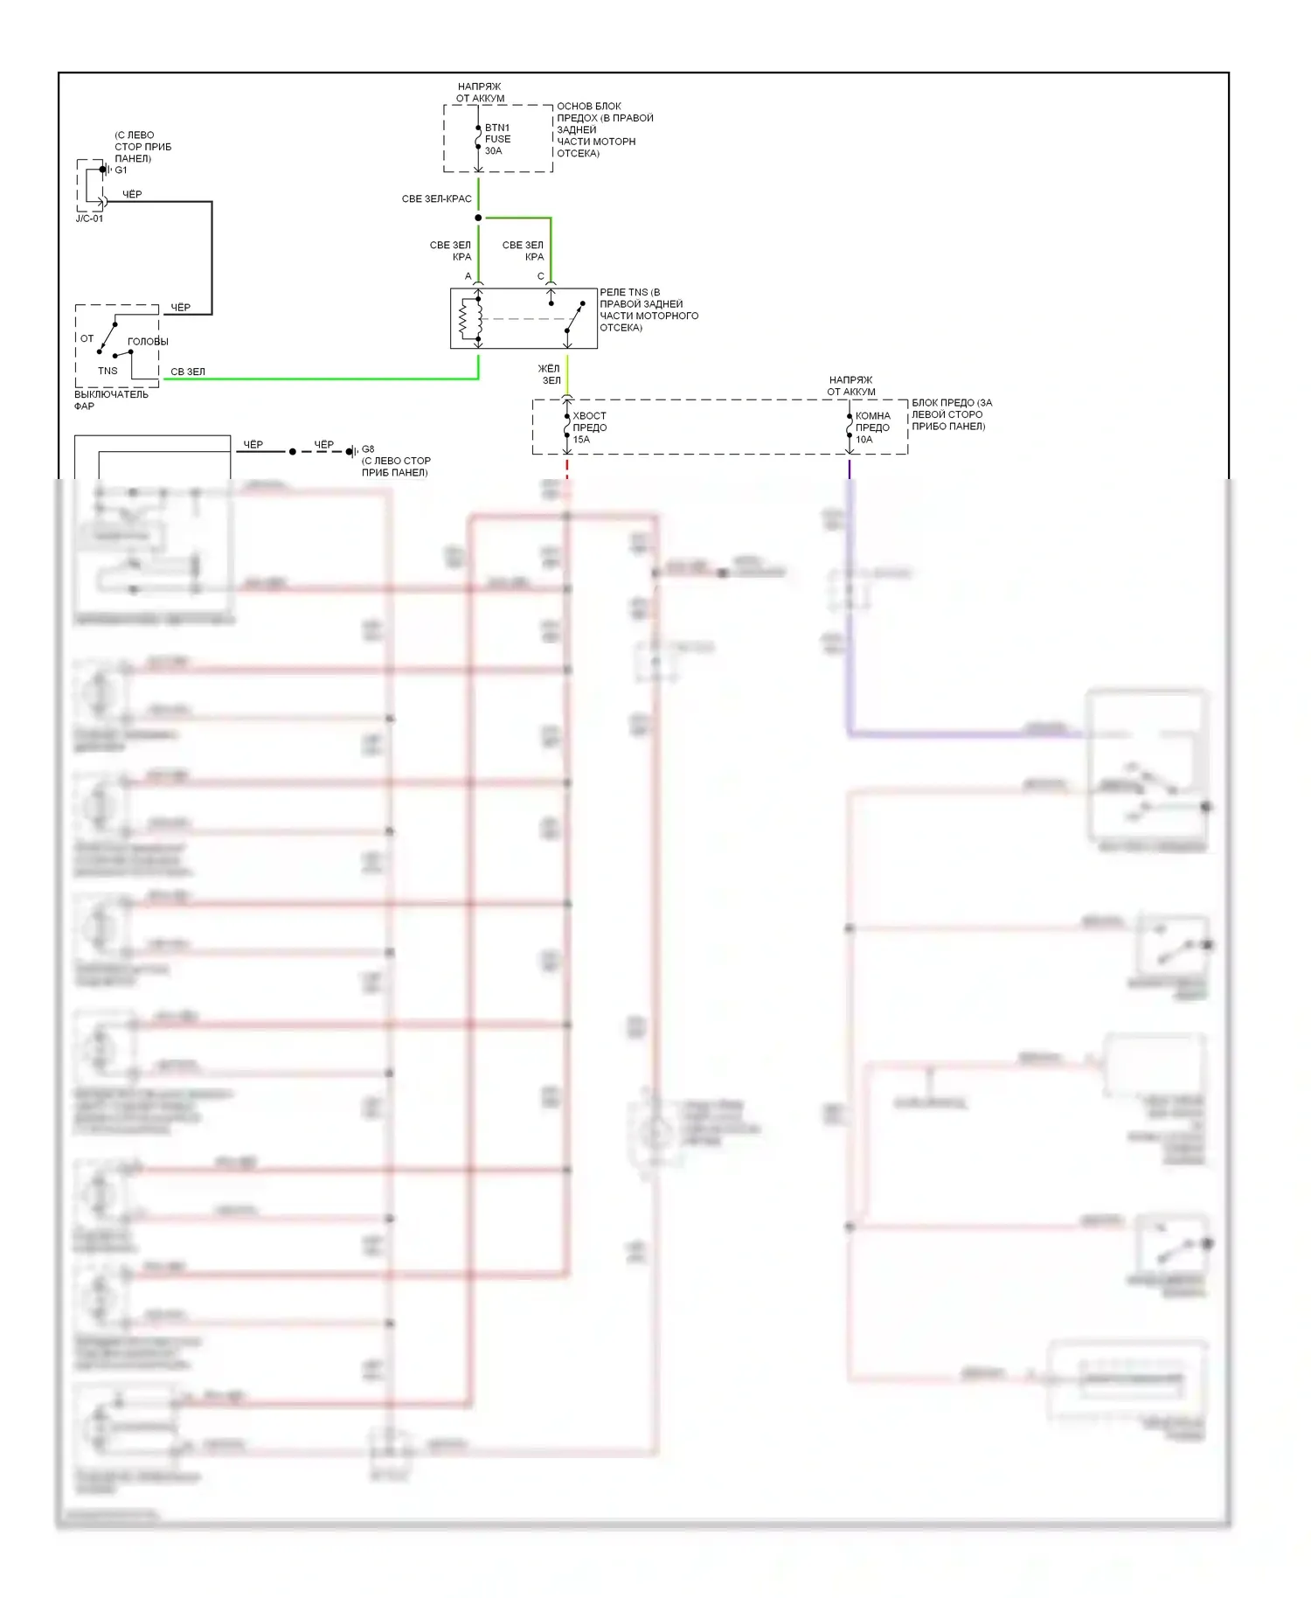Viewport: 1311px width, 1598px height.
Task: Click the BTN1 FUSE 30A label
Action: [x=497, y=139]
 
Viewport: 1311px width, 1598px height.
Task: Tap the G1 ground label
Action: [x=121, y=170]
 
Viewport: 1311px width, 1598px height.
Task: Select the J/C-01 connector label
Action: [x=89, y=219]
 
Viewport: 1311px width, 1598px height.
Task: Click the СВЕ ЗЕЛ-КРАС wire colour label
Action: [x=436, y=199]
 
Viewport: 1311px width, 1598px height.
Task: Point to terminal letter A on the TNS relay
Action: [x=468, y=276]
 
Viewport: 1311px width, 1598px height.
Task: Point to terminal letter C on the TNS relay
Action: [x=540, y=276]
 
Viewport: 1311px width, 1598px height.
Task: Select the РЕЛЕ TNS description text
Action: [x=649, y=310]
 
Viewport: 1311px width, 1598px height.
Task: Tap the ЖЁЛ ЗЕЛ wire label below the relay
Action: [x=550, y=374]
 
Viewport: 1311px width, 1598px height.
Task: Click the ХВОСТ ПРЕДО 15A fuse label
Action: [x=589, y=427]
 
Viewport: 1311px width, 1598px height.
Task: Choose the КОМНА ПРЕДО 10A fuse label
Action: [x=872, y=427]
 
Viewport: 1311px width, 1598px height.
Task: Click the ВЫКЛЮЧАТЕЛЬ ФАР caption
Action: [x=111, y=400]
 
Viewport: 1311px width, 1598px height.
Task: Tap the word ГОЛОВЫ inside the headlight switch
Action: [x=148, y=342]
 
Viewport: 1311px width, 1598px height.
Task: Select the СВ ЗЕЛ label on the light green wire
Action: [x=188, y=372]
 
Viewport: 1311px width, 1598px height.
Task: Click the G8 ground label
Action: [x=368, y=449]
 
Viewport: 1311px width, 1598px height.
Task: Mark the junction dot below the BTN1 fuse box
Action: [x=478, y=218]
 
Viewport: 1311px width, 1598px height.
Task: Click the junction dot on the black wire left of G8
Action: [x=293, y=452]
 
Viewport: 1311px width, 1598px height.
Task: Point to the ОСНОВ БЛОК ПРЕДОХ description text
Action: [x=605, y=129]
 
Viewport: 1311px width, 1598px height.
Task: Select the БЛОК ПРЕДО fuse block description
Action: [x=952, y=414]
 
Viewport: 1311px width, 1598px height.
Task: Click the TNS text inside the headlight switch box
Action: [x=108, y=371]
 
